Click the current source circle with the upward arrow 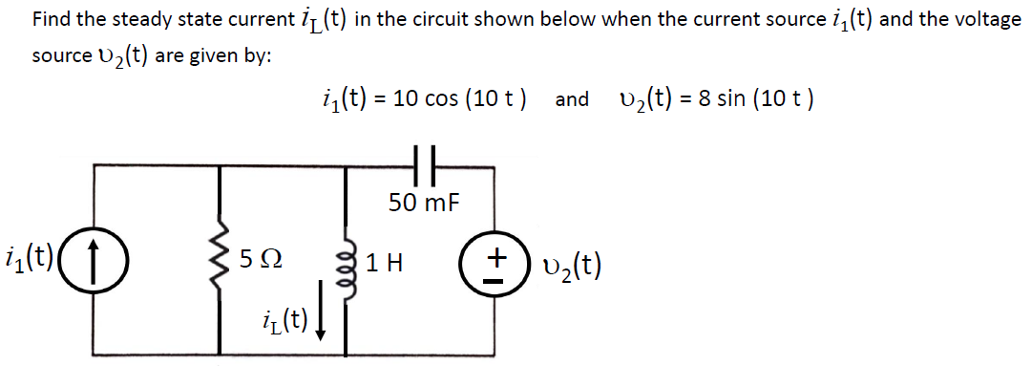(x=94, y=259)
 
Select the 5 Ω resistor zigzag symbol (x=222, y=259)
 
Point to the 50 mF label (x=424, y=202)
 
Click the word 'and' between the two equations (x=572, y=100)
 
